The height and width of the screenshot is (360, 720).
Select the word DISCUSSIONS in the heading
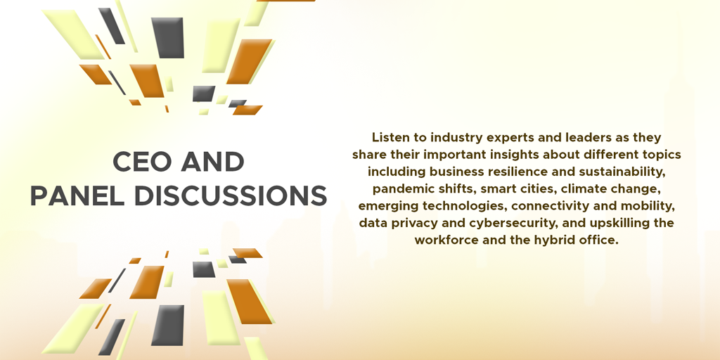click(x=231, y=196)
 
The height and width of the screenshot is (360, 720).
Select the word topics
click(x=664, y=155)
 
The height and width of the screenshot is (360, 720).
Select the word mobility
click(x=651, y=206)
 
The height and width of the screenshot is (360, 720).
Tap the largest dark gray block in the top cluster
click(x=168, y=38)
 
